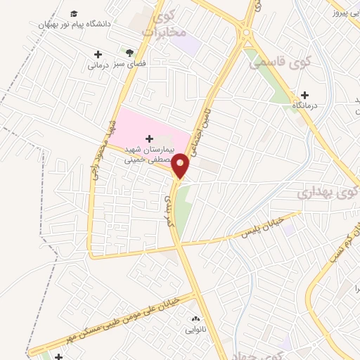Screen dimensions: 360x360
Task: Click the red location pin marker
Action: pos(181,166)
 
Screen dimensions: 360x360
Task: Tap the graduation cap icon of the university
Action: pos(75,13)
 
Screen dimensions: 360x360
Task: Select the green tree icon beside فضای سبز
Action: pos(129,52)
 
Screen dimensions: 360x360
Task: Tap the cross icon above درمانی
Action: pos(98,54)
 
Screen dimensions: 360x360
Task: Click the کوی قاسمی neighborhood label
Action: pos(271,62)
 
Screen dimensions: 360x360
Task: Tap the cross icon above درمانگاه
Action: pos(304,95)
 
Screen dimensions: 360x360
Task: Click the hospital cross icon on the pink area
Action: pos(148,139)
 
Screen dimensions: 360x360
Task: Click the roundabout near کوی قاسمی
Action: pos(245,32)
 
